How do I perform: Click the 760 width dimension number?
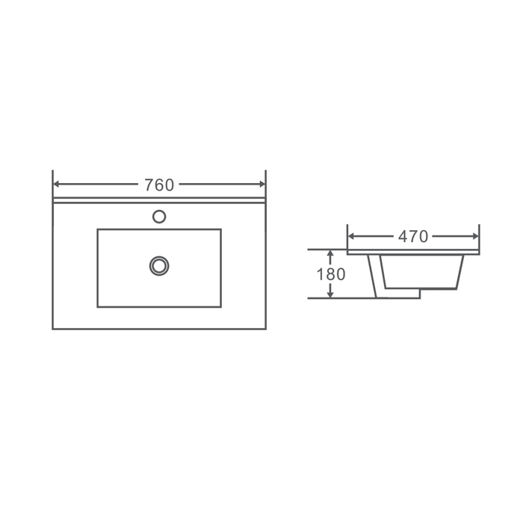tap(158, 185)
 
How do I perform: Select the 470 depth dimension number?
tap(412, 237)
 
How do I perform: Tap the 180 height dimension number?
tap(331, 274)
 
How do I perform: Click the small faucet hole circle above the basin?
tap(158, 217)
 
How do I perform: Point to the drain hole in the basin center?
tap(158, 265)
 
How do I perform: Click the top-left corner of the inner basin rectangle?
tap(97, 229)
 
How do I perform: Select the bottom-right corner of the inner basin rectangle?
tap(221, 307)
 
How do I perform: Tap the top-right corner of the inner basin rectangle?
tap(221, 229)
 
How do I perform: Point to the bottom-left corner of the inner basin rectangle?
tap(97, 307)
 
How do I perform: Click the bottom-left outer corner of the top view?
tap(53, 329)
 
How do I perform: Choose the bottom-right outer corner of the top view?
tap(266, 329)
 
